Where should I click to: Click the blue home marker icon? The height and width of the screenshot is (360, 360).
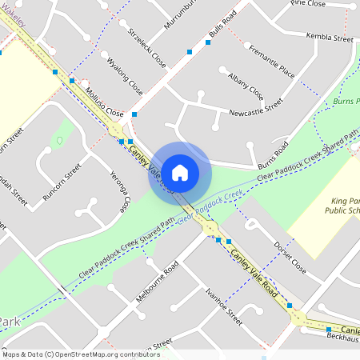click(x=180, y=172)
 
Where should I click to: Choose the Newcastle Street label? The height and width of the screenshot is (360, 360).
click(x=256, y=108)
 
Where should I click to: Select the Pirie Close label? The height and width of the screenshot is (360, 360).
click(x=309, y=5)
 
